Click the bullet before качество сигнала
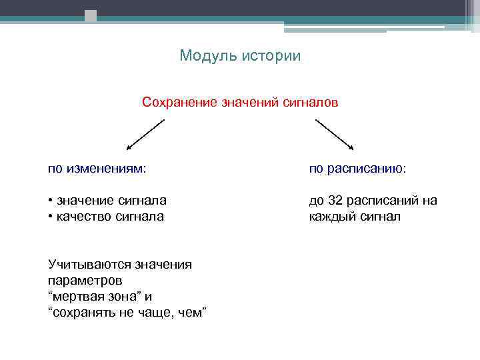click(x=51, y=217)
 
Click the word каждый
click(x=332, y=217)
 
